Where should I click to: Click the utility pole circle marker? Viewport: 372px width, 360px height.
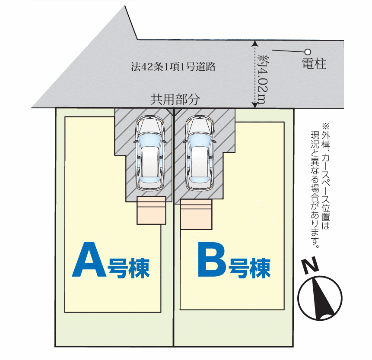click(308, 52)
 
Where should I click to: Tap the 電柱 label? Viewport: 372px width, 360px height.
click(314, 65)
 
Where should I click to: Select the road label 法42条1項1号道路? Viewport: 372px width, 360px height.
click(173, 67)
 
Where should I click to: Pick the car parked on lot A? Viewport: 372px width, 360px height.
click(149, 153)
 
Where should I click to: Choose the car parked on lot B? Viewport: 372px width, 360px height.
click(200, 153)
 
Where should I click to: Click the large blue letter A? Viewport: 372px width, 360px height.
click(89, 260)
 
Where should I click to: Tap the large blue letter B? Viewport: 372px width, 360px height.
click(212, 260)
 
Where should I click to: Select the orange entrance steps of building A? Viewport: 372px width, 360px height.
click(151, 210)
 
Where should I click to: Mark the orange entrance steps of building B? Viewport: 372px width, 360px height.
click(197, 215)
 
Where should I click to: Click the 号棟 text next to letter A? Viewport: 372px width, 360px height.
click(129, 268)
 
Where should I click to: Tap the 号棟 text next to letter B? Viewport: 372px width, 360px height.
click(250, 268)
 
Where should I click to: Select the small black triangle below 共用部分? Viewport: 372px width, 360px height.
click(174, 111)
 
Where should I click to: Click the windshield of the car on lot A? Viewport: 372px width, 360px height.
click(149, 139)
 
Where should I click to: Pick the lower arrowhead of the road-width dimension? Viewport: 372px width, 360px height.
click(255, 105)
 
